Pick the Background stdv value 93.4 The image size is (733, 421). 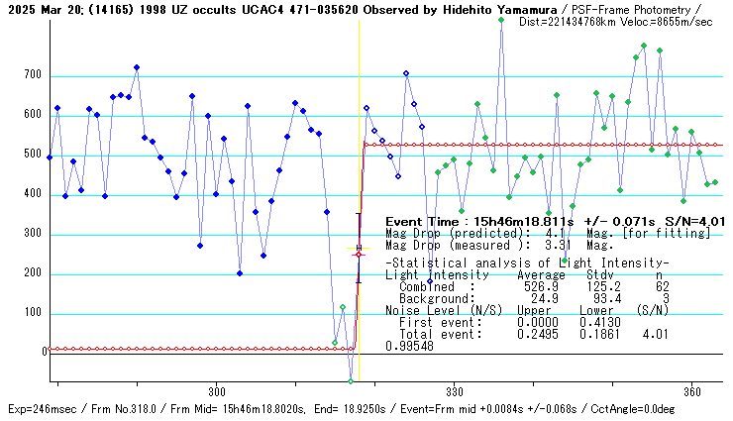coord(605,298)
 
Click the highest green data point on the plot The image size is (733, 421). coord(501,20)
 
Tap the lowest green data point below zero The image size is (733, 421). coord(351,380)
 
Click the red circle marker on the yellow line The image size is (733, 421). coord(359,255)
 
